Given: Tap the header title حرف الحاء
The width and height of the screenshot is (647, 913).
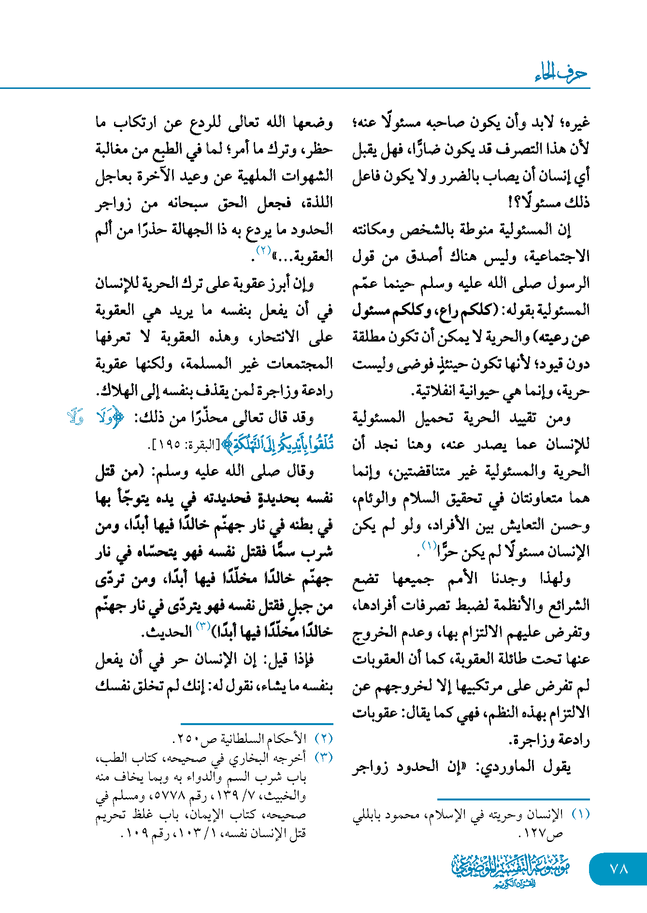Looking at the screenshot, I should [x=561, y=73].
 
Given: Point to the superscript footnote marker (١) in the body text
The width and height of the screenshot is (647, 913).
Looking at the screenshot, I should [x=429, y=546].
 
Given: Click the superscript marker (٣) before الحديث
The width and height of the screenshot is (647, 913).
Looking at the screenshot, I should [x=202, y=626].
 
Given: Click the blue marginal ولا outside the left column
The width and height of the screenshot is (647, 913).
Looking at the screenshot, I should [x=76, y=417].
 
